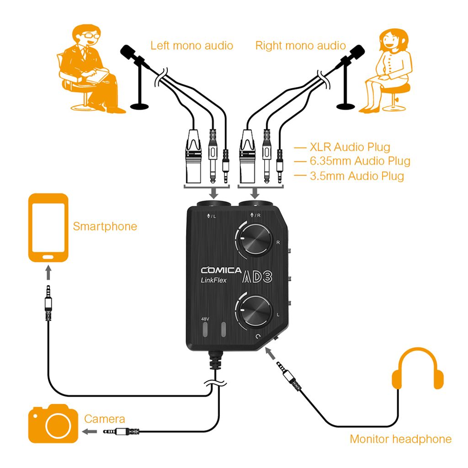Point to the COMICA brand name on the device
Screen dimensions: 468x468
(221, 270)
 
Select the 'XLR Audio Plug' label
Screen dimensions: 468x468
(350, 147)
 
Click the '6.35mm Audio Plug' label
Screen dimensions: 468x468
(360, 161)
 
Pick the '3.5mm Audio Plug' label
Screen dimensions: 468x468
(356, 175)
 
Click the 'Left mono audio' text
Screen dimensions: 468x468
(191, 46)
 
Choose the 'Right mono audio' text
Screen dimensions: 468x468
(300, 46)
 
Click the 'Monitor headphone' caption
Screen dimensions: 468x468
(400, 439)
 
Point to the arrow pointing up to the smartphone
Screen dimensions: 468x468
(48, 273)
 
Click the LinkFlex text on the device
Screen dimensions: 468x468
(214, 281)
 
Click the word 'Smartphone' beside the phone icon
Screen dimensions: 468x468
(105, 226)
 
